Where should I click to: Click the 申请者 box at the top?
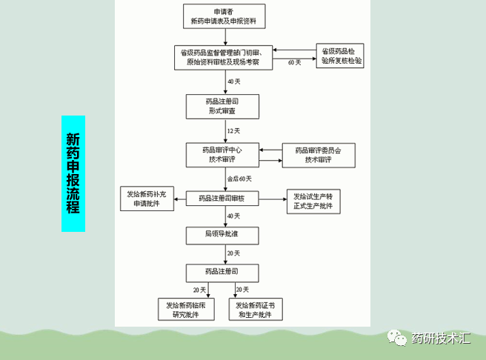pyautogui.click(x=223, y=17)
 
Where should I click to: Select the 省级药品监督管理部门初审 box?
pyautogui.click(x=223, y=58)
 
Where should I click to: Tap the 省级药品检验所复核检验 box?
pyautogui.click(x=342, y=56)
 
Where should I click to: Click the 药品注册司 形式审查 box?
pyautogui.click(x=223, y=105)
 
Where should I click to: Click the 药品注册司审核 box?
pyautogui.click(x=222, y=199)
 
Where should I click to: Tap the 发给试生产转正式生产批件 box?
pyautogui.click(x=314, y=201)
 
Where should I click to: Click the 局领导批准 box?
pyautogui.click(x=222, y=235)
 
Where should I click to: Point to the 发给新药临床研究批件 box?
pyautogui.click(x=186, y=310)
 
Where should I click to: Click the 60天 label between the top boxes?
pyautogui.click(x=294, y=62)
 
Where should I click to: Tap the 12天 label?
pyautogui.click(x=234, y=130)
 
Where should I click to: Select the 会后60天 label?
pyautogui.click(x=240, y=179)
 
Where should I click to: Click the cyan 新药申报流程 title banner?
pyautogui.click(x=73, y=174)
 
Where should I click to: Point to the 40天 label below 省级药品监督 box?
pyautogui.click(x=234, y=81)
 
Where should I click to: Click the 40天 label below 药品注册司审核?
pyautogui.click(x=234, y=216)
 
